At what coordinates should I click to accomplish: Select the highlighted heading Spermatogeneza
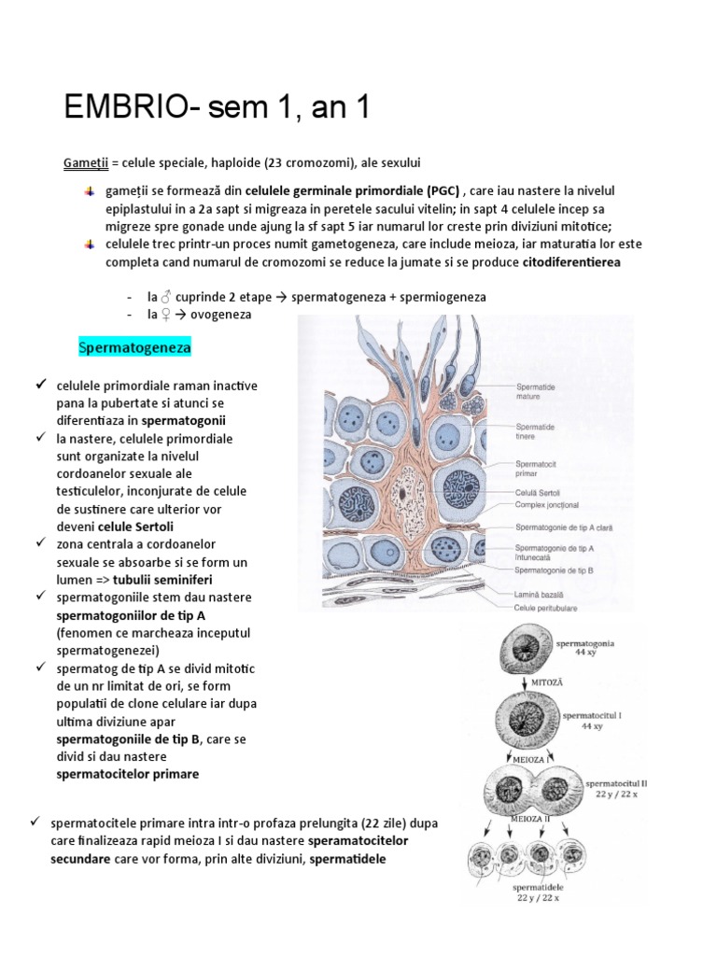pos(134,347)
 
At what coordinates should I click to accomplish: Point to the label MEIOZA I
pos(529,761)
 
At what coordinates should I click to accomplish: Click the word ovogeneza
pos(221,315)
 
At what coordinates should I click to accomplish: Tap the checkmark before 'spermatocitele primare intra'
pos(35,822)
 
